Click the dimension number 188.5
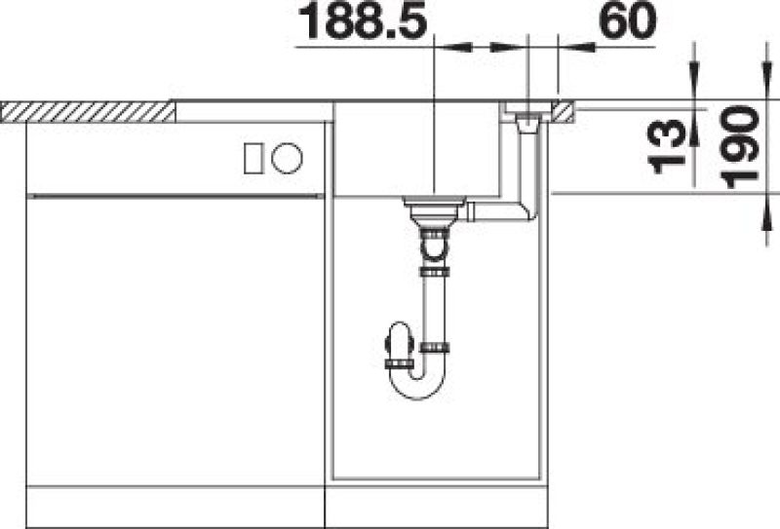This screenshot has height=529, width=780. [363, 20]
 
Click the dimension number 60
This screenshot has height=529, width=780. [628, 20]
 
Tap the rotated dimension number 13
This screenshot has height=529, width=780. [667, 147]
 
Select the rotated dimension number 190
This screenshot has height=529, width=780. [740, 147]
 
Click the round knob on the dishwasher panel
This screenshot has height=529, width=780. [287, 158]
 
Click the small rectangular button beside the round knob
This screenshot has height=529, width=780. [253, 159]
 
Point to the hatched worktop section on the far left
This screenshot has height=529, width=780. [88, 112]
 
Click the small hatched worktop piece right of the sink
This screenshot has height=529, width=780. [564, 112]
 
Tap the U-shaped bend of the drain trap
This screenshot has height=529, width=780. [417, 386]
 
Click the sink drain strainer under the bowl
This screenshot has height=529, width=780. [434, 208]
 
